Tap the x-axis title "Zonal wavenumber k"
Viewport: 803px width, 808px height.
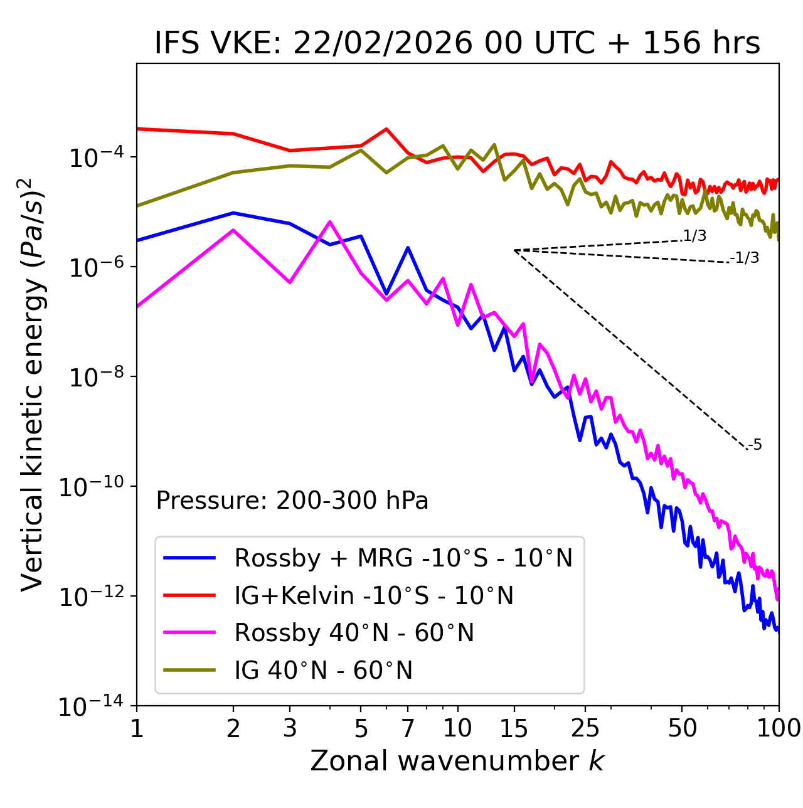(457, 760)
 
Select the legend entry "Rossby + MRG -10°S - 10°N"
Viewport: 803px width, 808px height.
(403, 558)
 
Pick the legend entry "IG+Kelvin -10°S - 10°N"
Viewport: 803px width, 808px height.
(374, 595)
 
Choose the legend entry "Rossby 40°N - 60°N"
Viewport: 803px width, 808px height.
(354, 633)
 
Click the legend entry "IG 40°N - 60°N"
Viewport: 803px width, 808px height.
(323, 671)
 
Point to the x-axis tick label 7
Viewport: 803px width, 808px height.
(408, 728)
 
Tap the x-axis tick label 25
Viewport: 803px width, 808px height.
(585, 728)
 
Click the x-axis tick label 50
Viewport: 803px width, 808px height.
(682, 728)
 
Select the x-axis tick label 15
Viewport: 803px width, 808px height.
(514, 728)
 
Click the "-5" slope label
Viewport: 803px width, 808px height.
(755, 445)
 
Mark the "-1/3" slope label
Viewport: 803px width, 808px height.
(745, 258)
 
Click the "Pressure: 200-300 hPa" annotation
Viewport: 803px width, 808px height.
(292, 501)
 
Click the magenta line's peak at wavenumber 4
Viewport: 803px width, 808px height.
(330, 221)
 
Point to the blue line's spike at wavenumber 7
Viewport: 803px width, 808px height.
(408, 248)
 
